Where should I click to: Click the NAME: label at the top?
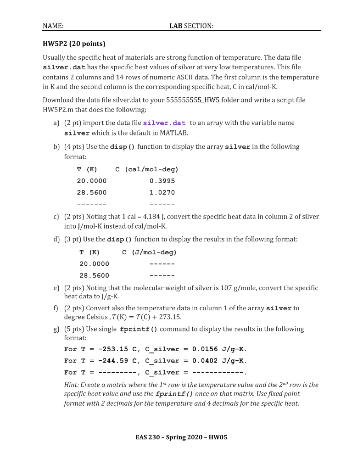click(53, 26)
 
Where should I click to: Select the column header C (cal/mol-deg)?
click(146, 169)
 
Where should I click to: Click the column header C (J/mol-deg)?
click(149, 252)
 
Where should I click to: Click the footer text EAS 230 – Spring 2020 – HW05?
click(181, 437)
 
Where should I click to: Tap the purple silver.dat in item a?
click(164, 123)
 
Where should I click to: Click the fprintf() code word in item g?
click(139, 329)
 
